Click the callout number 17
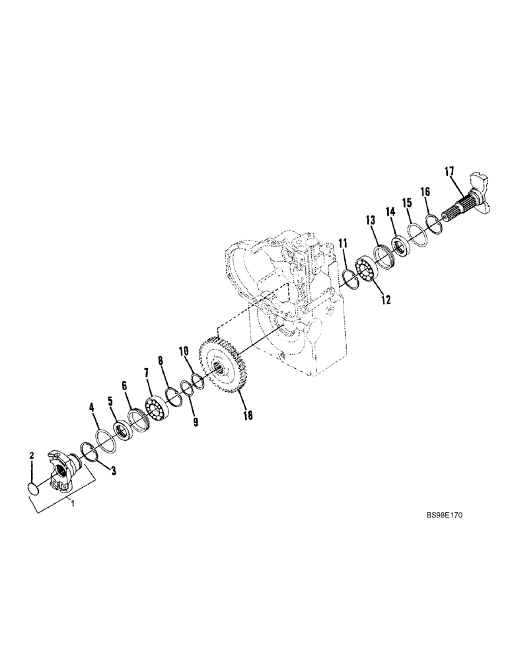click(449, 173)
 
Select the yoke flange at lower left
click(65, 473)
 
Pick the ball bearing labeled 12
click(363, 271)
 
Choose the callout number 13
click(371, 219)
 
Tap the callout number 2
click(31, 455)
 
